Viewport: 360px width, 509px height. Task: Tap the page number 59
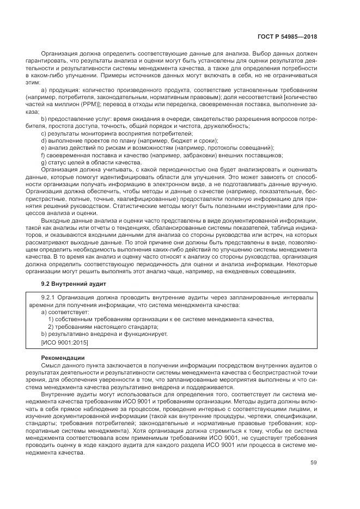click(x=313, y=463)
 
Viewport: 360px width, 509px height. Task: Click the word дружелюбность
click(x=227, y=126)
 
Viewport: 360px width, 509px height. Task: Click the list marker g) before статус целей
click(x=44, y=162)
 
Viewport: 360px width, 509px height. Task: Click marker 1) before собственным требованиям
click(x=51, y=320)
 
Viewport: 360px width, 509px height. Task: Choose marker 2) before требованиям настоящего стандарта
click(x=51, y=327)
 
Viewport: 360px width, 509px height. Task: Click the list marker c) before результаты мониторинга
click(x=44, y=133)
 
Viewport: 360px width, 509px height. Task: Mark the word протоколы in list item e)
click(x=229, y=148)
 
